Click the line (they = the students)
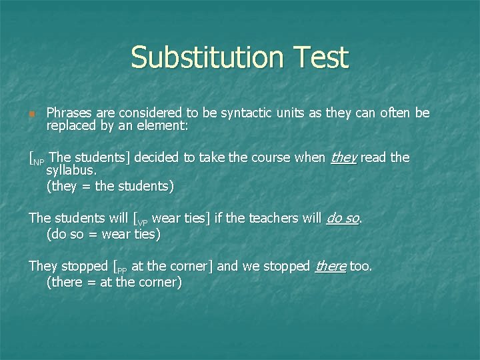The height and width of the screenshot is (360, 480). pyautogui.click(x=110, y=186)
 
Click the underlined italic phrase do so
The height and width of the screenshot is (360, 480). pyautogui.click(x=343, y=218)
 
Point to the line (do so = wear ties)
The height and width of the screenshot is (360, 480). pyautogui.click(x=103, y=234)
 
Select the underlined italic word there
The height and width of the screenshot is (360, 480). pyautogui.click(x=330, y=266)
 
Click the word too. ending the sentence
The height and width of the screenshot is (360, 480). pyautogui.click(x=361, y=266)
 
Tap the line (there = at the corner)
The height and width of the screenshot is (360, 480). pyautogui.click(x=114, y=282)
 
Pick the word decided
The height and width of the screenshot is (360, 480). pyautogui.click(x=159, y=157)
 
